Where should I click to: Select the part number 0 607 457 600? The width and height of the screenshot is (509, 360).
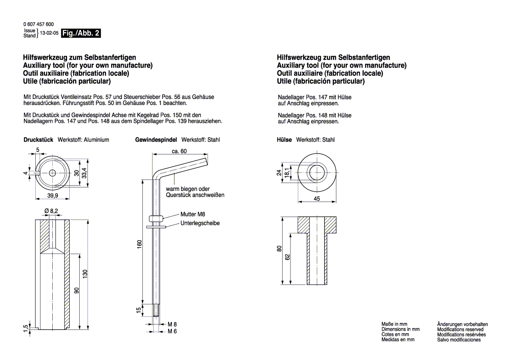pyautogui.click(x=38, y=24)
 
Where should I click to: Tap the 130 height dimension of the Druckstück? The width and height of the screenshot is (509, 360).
pyautogui.click(x=86, y=274)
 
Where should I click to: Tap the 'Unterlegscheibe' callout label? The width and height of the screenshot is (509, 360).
pyautogui.click(x=200, y=223)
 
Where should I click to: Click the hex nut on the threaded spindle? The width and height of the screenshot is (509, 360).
pyautogui.click(x=156, y=218)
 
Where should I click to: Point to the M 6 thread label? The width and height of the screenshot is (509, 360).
pyautogui.click(x=172, y=332)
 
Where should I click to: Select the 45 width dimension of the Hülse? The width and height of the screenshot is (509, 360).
pyautogui.click(x=317, y=199)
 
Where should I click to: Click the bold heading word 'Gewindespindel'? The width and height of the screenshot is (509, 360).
pyautogui.click(x=156, y=140)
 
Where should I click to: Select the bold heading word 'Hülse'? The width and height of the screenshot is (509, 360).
pyautogui.click(x=285, y=140)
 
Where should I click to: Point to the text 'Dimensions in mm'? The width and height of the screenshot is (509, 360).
pyautogui.click(x=400, y=329)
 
